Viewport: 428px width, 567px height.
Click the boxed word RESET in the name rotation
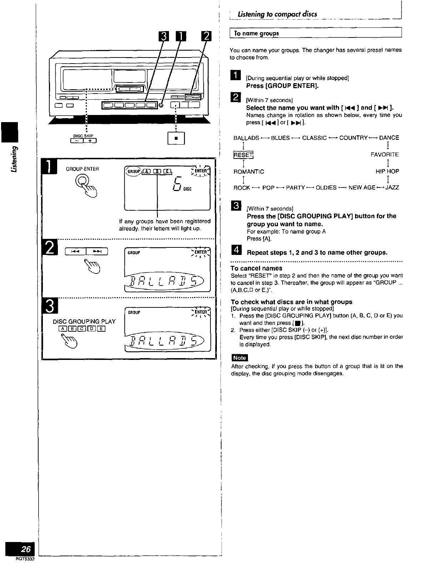(x=243, y=155)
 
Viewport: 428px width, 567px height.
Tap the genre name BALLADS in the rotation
(x=246, y=138)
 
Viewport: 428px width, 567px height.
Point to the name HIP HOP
(x=387, y=171)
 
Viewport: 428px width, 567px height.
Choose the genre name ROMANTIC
(x=249, y=171)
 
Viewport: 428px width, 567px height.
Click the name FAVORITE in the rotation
(x=384, y=155)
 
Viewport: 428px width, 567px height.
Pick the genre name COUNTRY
(x=353, y=138)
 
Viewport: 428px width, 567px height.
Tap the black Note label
(x=239, y=358)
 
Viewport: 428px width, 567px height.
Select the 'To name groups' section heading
(x=256, y=34)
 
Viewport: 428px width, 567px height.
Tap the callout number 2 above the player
(x=206, y=37)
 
